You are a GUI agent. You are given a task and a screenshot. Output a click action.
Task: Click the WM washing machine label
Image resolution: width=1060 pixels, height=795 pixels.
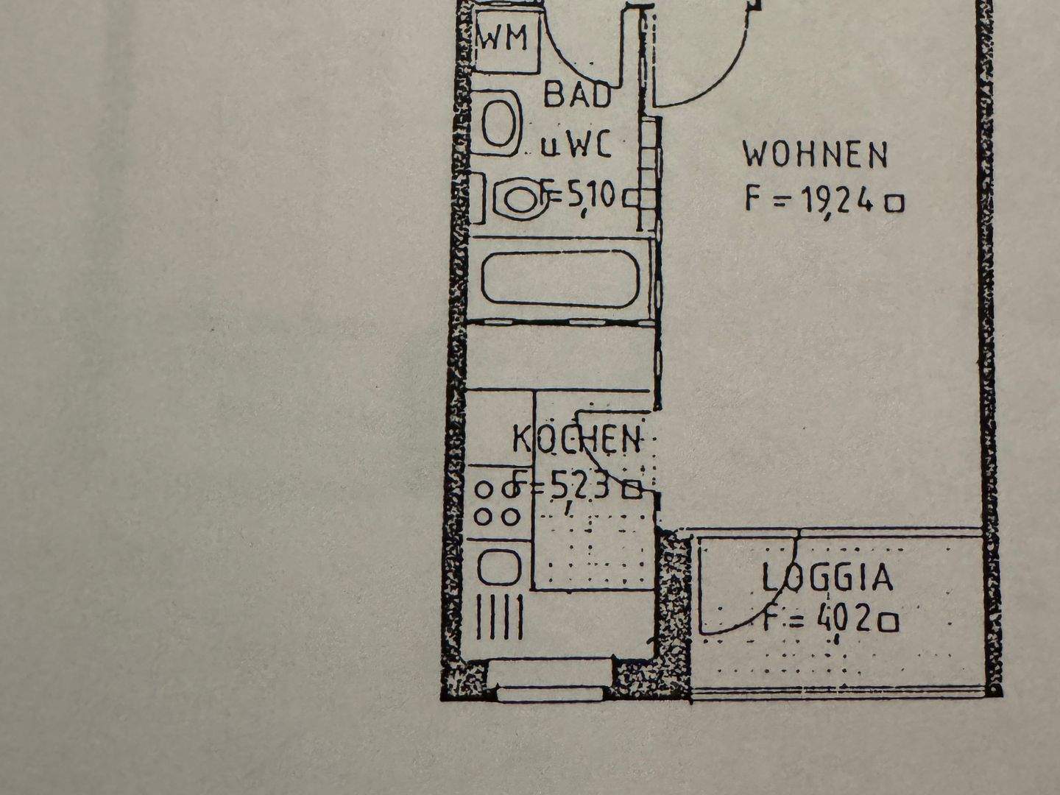(x=504, y=38)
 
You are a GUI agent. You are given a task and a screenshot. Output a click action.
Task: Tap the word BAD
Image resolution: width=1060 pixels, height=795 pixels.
(x=577, y=96)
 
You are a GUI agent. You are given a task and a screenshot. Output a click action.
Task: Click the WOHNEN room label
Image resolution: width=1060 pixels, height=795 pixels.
(x=815, y=155)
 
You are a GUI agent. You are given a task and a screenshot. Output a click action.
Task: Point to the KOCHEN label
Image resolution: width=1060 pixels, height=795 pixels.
(x=576, y=439)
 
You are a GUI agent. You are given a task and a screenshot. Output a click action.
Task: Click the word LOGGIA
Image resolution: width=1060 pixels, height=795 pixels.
(x=827, y=578)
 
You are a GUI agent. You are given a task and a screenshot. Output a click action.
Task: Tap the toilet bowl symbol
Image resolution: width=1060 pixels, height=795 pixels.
(x=520, y=199)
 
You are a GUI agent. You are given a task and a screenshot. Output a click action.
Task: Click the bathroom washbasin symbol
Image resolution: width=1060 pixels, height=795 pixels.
(x=498, y=122)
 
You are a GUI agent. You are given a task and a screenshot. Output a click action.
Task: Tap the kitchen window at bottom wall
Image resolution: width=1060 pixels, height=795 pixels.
(x=551, y=681)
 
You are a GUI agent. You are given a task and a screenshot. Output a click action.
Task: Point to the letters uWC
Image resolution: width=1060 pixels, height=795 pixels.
(x=576, y=146)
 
